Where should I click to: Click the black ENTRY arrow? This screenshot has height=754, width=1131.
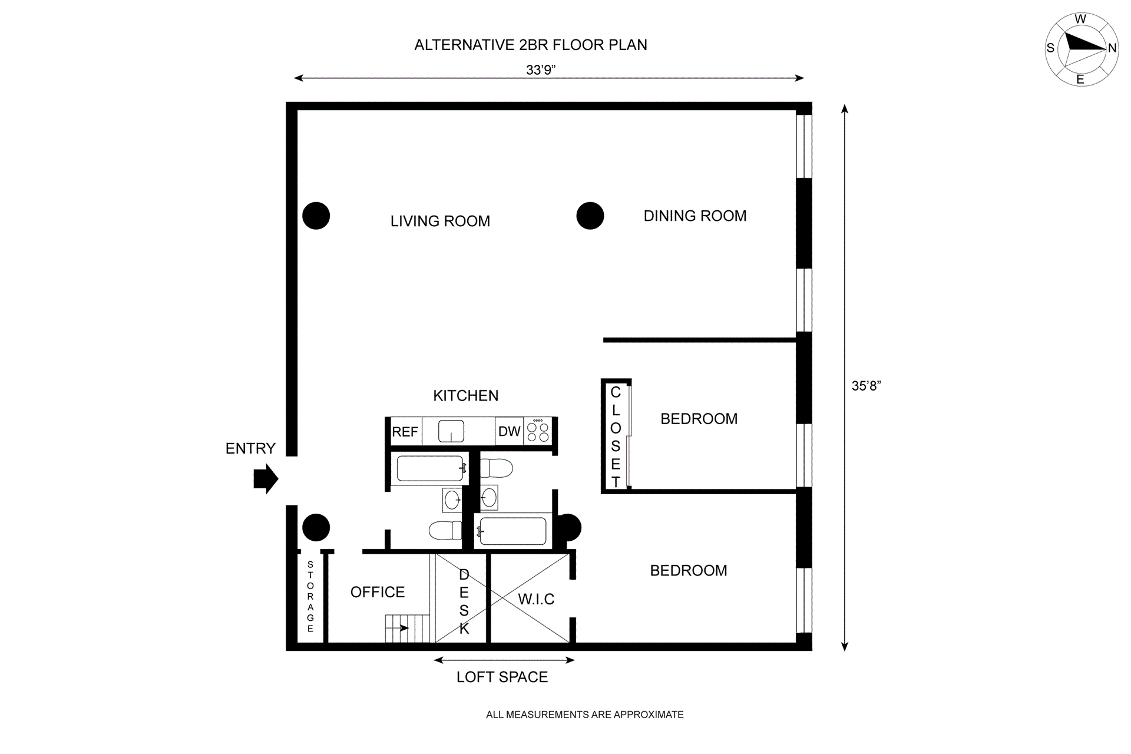pos(266,478)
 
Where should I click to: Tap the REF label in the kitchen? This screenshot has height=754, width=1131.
pos(405,432)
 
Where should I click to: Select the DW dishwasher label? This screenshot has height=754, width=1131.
pos(509,431)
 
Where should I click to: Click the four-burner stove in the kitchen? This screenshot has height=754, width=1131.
pos(538,431)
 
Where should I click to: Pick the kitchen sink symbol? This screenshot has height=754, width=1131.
pos(451,431)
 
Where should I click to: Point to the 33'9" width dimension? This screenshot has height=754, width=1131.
pos(541,70)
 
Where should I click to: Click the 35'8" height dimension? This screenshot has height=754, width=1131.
pos(866,386)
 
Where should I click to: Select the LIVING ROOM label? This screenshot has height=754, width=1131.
pos(440,221)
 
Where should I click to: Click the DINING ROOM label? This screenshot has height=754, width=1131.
pos(695,216)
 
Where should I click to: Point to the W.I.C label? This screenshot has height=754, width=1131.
pos(536,599)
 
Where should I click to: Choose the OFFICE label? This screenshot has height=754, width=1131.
pos(378,592)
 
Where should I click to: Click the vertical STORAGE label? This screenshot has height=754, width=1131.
pos(310,597)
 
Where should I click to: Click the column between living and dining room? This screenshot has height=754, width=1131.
pos(590,216)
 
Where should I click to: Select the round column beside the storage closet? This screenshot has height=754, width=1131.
pos(316,527)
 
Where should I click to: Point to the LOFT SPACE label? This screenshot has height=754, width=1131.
pos(502,677)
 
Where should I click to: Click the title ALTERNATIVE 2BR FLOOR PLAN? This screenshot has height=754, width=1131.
pos(530,45)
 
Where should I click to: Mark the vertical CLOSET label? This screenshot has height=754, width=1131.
pos(616,436)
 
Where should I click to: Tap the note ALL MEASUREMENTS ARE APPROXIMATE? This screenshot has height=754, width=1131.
pos(584,715)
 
